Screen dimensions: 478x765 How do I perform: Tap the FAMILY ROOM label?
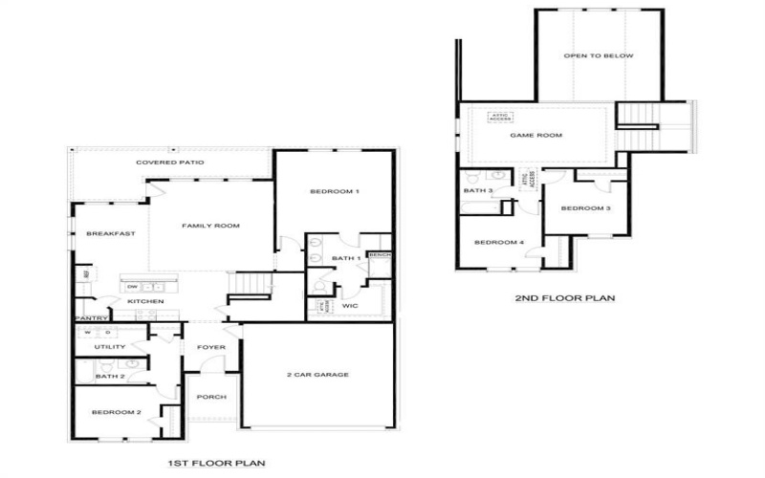[x=211, y=226]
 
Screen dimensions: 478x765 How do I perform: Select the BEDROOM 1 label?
[x=335, y=192]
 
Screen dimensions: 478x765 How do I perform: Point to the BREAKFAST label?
[x=110, y=234]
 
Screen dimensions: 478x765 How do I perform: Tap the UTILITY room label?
[x=110, y=346]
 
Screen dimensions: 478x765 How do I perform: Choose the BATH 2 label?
[x=109, y=377]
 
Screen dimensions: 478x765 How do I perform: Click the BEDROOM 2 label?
[x=117, y=412]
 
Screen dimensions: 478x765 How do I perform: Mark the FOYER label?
[x=210, y=347]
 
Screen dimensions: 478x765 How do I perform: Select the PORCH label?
[x=210, y=397]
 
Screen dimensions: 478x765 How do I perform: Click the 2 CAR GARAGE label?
[x=317, y=375]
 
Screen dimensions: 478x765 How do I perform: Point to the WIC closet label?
[x=349, y=306]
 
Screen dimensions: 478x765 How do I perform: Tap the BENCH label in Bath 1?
[x=380, y=256]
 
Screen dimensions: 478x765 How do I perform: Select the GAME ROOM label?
[x=535, y=136]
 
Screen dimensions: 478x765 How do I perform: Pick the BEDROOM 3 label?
[x=585, y=208]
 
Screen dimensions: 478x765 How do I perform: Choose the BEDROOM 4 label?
[x=499, y=242]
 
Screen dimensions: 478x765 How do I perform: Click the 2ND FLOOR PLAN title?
[x=565, y=298]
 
